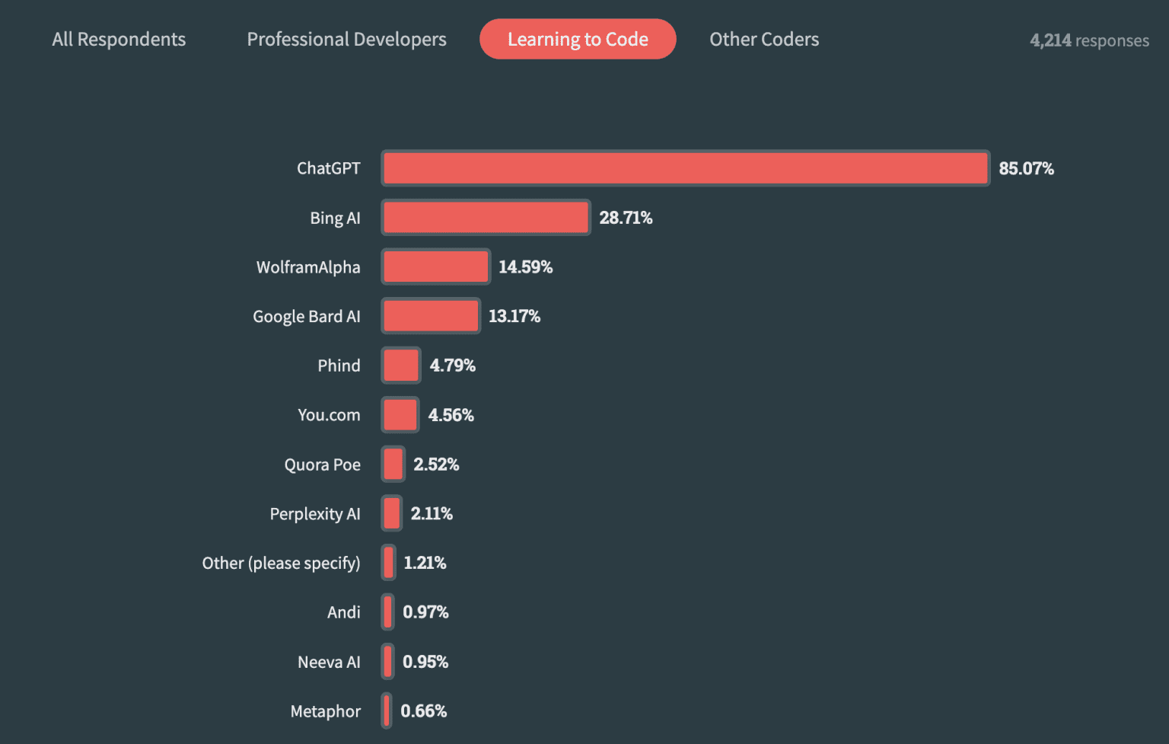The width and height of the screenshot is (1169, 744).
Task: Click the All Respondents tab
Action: (119, 40)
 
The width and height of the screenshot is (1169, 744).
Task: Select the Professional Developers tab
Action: (346, 40)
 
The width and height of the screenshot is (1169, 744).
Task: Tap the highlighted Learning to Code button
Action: (578, 40)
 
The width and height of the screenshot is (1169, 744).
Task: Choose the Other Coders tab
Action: (764, 40)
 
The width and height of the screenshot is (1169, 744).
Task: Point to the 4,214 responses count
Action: (1089, 40)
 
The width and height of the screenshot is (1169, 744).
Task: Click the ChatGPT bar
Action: (685, 168)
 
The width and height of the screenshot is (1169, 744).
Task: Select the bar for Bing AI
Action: (486, 218)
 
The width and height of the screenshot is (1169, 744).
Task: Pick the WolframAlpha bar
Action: (435, 267)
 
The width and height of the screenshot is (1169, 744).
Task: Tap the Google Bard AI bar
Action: (431, 316)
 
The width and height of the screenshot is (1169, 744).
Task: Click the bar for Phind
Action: (401, 366)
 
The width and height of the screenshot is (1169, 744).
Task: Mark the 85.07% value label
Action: (1026, 168)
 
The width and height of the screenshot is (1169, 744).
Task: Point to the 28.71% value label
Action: (626, 218)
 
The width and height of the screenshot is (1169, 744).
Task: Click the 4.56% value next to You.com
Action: (451, 415)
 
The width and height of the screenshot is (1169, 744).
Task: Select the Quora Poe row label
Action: (322, 465)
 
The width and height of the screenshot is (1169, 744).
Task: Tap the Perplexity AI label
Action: (315, 514)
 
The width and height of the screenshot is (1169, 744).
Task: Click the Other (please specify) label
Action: (281, 564)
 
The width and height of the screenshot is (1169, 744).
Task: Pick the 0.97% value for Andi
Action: (425, 612)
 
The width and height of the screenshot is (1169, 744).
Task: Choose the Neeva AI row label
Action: (329, 663)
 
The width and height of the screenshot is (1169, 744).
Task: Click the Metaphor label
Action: (325, 711)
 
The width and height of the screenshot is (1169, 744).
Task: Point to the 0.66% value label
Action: (423, 711)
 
